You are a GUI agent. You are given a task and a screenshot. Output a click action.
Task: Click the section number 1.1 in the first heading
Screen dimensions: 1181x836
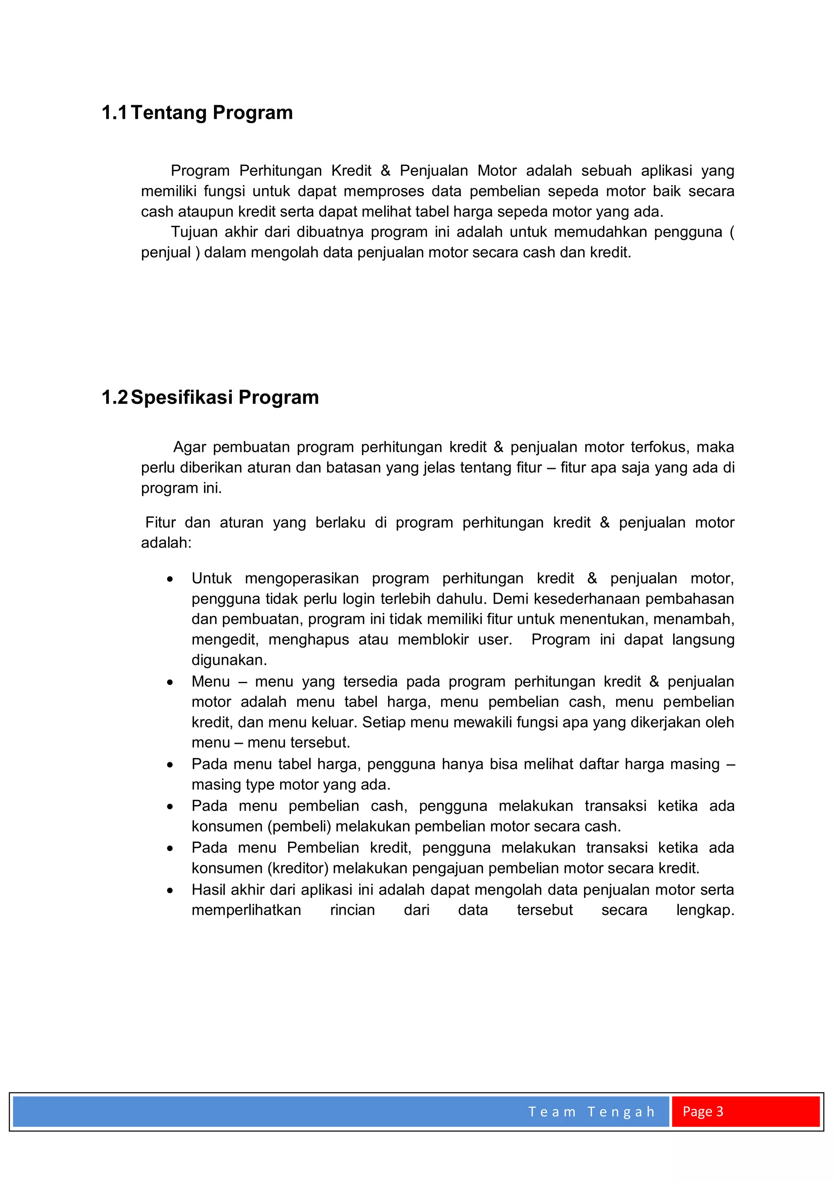pos(114,113)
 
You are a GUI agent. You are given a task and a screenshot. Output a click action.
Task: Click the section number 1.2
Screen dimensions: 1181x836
pos(114,397)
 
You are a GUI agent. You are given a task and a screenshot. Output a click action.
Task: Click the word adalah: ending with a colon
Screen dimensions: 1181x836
pos(166,543)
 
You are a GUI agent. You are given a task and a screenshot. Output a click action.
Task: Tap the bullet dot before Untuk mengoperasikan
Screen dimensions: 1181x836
pos(170,579)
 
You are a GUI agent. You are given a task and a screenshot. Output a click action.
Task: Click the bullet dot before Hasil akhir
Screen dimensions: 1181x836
pos(170,890)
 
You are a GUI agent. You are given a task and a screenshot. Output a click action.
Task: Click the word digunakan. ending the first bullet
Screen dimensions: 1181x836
pos(229,660)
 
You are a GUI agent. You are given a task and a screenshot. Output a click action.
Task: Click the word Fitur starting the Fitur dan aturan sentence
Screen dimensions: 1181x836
pos(160,523)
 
